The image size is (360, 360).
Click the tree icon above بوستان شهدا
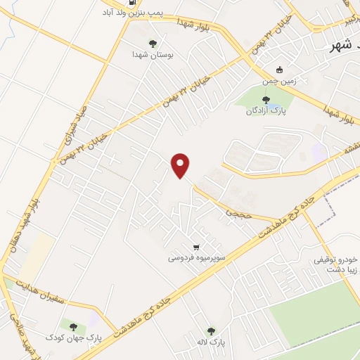pyautogui.click(x=153, y=44)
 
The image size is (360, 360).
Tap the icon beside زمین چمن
pyautogui.click(x=279, y=70)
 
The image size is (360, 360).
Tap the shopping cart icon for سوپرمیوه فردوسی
pyautogui.click(x=196, y=247)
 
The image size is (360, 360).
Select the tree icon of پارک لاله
pyautogui.click(x=211, y=330)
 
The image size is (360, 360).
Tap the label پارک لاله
pyautogui.click(x=211, y=342)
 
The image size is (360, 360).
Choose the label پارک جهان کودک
pyautogui.click(x=73, y=337)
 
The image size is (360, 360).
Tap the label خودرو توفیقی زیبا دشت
pyautogui.click(x=336, y=263)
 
